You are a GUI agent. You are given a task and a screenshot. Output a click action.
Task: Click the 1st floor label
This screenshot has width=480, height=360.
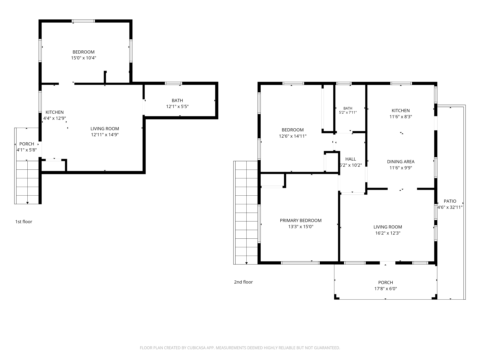[x=24, y=222]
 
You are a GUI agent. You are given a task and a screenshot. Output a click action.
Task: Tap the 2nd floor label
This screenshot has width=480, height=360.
[x=243, y=282]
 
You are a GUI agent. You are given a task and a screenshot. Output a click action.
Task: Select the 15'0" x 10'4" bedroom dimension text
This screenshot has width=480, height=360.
[x=84, y=58]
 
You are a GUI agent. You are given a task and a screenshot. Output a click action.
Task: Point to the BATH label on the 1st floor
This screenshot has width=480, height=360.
[x=177, y=101]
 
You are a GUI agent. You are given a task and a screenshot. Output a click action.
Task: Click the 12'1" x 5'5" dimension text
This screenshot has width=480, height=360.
[x=177, y=106]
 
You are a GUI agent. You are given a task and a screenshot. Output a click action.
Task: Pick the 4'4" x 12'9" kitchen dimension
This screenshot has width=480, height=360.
[x=54, y=118]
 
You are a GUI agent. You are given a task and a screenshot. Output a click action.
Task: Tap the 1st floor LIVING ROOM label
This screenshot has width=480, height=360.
[x=105, y=129]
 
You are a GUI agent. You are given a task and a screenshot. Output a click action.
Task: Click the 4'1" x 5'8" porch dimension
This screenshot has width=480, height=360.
[x=27, y=150]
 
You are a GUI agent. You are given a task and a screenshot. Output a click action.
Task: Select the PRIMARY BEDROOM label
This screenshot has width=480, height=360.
[x=301, y=220]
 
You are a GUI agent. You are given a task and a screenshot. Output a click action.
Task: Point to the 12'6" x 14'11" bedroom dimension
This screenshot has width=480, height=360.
[x=293, y=136]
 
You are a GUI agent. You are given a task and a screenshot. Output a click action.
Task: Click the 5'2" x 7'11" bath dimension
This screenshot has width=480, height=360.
[x=348, y=113]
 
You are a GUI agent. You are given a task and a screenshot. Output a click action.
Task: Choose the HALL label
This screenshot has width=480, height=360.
[x=351, y=159]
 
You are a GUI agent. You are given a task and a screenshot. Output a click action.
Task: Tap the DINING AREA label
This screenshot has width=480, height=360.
[x=401, y=162]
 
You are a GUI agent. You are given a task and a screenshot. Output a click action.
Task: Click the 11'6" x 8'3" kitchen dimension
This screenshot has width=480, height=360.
[x=401, y=117]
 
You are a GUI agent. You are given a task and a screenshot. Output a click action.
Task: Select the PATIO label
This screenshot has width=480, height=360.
[x=450, y=201]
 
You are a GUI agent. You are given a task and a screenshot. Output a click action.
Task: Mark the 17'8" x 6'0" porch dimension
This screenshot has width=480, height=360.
[x=386, y=289]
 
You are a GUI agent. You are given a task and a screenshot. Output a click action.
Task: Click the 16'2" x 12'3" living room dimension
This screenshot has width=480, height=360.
[x=388, y=233]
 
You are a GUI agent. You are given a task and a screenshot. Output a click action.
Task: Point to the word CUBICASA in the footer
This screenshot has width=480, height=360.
[x=196, y=348]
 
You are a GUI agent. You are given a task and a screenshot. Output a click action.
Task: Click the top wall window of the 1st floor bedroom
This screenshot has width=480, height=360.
[x=83, y=21]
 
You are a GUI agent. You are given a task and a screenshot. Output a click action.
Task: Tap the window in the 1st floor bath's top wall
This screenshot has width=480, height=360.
[x=173, y=83]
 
